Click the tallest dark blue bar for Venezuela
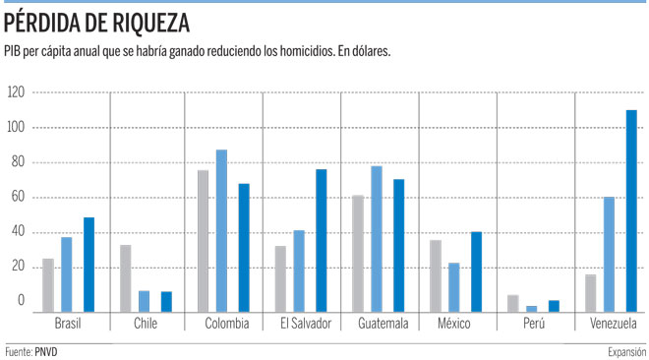pyautogui.click(x=631, y=211)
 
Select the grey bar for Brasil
pyautogui.click(x=48, y=285)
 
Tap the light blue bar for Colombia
pyautogui.click(x=221, y=231)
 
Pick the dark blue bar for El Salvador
pyautogui.click(x=322, y=240)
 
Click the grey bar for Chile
pyautogui.click(x=126, y=278)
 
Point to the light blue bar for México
pyautogui.click(x=453, y=287)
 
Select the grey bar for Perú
pyautogui.click(x=513, y=303)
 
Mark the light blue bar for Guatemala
pyautogui.click(x=377, y=239)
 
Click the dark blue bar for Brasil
pyautogui.click(x=88, y=265)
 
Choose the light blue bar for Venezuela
pyautogui.click(x=609, y=255)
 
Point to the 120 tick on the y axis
pyautogui.click(x=16, y=91)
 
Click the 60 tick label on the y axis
pyautogui.click(x=19, y=197)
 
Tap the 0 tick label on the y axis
pyautogui.click(x=21, y=300)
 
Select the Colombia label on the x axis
pyautogui.click(x=227, y=324)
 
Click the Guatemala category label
pyautogui.click(x=383, y=324)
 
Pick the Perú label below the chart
pyautogui.click(x=534, y=323)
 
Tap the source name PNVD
pyautogui.click(x=46, y=352)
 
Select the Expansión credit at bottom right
pyautogui.click(x=626, y=352)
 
